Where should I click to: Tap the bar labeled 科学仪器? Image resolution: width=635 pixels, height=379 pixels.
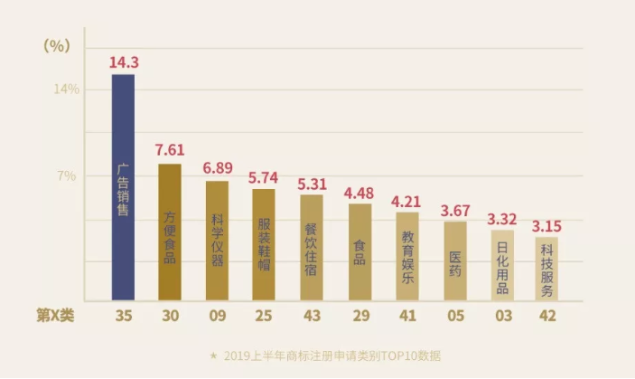tap(217, 241)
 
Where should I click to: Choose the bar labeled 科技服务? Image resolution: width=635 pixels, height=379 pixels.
tap(546, 268)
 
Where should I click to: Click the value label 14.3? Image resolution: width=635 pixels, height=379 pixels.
tap(123, 63)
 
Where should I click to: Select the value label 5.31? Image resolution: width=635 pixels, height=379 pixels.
tap(312, 184)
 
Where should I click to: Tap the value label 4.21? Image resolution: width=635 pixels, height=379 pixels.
tap(407, 201)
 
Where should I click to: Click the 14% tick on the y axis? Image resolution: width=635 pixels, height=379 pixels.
tap(67, 89)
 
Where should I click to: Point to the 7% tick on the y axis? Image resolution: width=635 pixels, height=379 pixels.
tap(67, 175)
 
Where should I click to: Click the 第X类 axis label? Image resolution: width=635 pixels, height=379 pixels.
tap(56, 316)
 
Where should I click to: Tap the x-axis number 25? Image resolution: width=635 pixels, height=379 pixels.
tap(264, 316)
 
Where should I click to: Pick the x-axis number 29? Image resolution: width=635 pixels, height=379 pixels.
tap(360, 316)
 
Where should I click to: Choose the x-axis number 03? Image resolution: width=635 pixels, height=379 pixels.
tap(501, 316)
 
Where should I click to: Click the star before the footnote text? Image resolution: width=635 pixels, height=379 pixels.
tap(213, 355)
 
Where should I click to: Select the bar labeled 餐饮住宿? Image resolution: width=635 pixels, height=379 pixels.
tap(312, 247)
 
